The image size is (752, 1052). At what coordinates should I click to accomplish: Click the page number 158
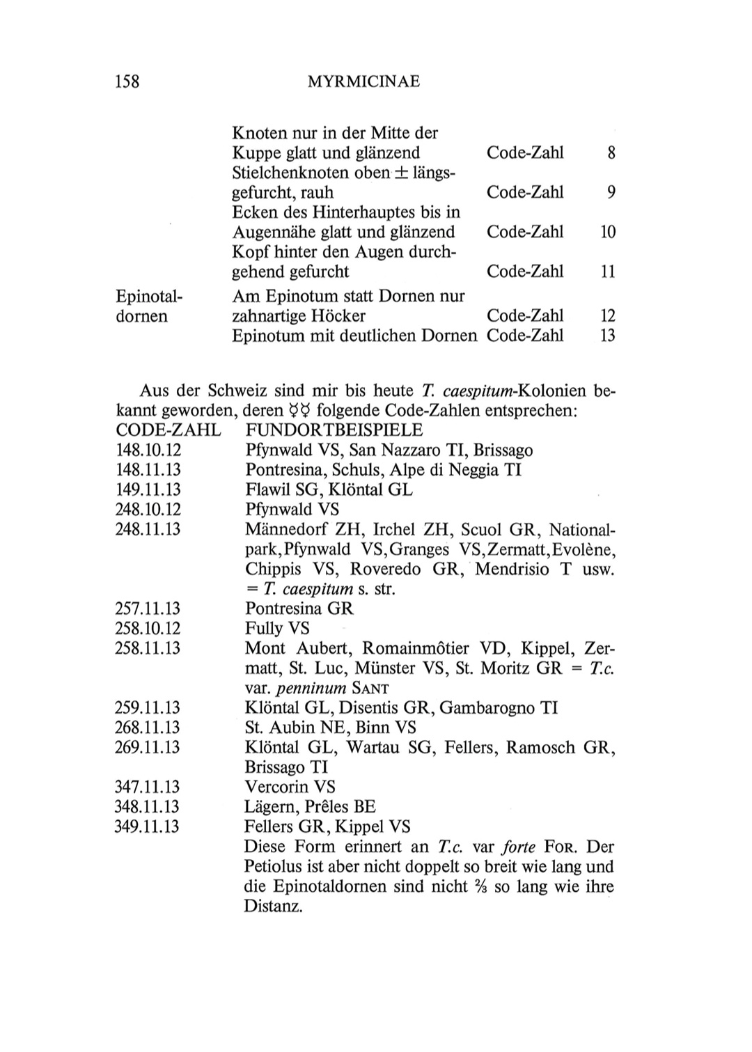[x=127, y=81]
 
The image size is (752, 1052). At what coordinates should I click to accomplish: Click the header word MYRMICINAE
[x=363, y=82]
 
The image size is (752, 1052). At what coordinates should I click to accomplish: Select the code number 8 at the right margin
[x=611, y=152]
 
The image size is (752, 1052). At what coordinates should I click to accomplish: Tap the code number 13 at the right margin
[x=607, y=336]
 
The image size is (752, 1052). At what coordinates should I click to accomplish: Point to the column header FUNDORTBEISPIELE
[x=325, y=430]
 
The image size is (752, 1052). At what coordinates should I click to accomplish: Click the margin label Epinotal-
[x=148, y=297]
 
